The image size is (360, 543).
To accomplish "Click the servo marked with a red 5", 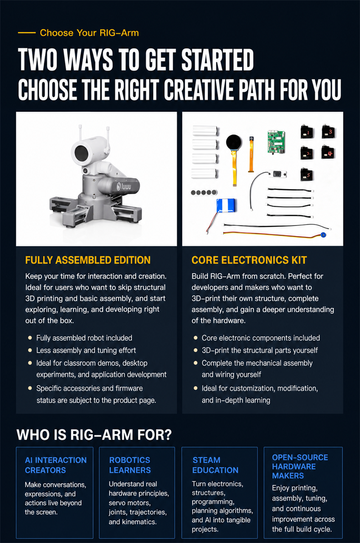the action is pos(307,174).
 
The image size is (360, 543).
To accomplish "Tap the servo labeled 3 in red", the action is pos(328,132).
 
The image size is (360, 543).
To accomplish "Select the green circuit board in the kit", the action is pos(276,142).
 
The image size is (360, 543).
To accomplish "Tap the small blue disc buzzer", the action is pos(324,235).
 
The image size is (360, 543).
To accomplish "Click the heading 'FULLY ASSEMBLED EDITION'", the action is pos(88,260).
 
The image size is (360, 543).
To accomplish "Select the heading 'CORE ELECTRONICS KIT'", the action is pos(249,260).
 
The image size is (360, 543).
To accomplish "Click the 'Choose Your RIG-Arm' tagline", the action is pos(89,33).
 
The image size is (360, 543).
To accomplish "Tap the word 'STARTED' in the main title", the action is pos(217,60).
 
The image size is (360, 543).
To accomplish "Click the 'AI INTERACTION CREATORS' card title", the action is pos(56,465).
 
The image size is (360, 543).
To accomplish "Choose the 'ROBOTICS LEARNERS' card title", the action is pos(130,465).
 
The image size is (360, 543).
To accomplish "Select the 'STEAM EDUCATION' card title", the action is pos(215,465).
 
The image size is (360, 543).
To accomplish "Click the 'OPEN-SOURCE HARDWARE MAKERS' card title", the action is pos(300,466).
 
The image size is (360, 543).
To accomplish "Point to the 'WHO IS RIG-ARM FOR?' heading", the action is pos(94,435).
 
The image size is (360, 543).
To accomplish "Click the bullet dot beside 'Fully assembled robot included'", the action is pos(30,338).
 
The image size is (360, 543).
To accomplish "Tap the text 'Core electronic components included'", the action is pos(261,338).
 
